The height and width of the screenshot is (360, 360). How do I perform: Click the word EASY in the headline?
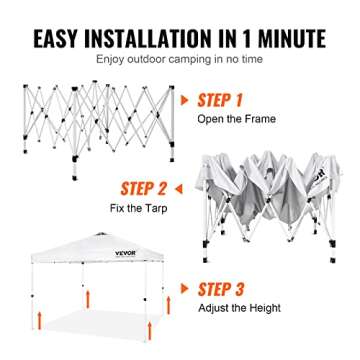(56, 39)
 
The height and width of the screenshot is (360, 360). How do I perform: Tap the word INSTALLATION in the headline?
(148, 39)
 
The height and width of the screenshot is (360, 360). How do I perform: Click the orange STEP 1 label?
(220, 100)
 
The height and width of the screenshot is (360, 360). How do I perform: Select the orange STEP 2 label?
(144, 189)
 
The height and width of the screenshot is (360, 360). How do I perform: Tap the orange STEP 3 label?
(221, 289)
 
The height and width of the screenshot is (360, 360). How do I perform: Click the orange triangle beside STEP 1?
(184, 100)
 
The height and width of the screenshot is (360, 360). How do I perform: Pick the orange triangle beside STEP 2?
(179, 189)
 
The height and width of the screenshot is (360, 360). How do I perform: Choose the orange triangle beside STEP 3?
(184, 289)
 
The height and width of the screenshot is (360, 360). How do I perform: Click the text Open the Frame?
(236, 119)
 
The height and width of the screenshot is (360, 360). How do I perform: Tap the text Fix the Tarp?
(139, 208)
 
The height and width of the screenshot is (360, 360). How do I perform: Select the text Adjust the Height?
(239, 308)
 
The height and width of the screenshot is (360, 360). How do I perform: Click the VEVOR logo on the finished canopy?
(126, 253)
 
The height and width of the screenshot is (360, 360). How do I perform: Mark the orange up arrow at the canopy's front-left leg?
(40, 320)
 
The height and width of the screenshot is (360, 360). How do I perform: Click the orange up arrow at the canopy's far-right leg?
(168, 305)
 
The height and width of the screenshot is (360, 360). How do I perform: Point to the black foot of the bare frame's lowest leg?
(75, 177)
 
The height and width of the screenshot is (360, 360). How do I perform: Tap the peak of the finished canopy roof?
(102, 234)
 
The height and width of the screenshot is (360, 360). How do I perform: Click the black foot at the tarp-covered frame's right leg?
(333, 260)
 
